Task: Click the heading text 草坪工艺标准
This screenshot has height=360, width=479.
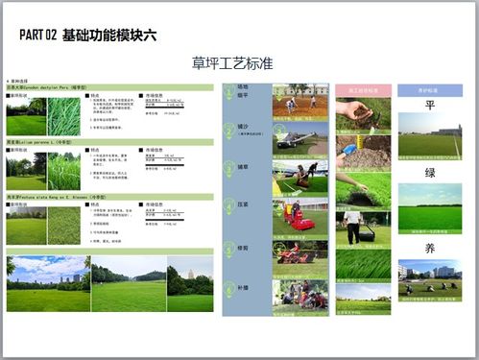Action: (233, 62)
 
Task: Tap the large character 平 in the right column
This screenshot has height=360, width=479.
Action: (429, 106)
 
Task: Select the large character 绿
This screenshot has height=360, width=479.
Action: (429, 174)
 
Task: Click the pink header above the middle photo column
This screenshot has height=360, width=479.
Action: (363, 89)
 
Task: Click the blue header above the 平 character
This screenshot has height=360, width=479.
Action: (429, 89)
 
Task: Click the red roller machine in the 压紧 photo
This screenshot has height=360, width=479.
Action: (298, 220)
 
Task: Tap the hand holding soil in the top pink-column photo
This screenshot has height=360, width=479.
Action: (356, 109)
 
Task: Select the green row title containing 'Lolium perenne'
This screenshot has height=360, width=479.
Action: (43, 141)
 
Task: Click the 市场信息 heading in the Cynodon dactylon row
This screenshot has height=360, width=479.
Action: (156, 96)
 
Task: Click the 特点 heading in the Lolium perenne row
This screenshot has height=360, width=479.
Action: (99, 150)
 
